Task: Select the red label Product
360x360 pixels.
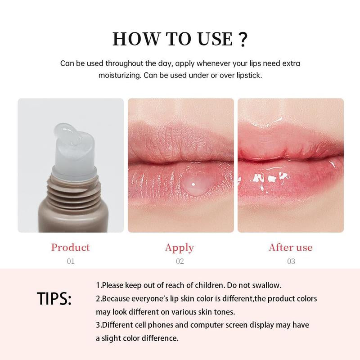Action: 70,247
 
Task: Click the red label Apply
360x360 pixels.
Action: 180,247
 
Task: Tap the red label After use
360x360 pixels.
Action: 290,247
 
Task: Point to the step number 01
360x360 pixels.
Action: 70,261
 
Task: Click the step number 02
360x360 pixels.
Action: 180,261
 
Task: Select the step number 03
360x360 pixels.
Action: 291,261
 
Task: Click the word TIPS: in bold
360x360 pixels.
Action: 54,299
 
